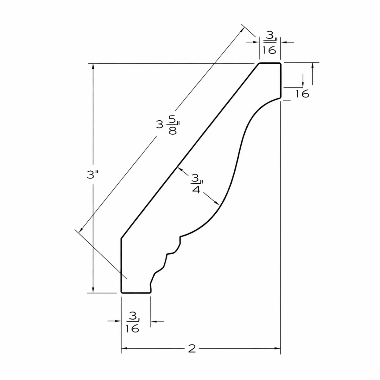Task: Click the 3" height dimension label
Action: (92, 174)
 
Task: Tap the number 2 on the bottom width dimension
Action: (192, 348)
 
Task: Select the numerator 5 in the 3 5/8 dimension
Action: (173, 120)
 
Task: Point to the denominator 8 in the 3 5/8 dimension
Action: (173, 130)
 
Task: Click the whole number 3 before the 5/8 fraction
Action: (159, 125)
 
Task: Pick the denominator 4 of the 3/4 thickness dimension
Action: (196, 190)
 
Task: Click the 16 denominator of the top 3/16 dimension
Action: (269, 50)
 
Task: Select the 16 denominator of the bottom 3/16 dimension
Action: (132, 328)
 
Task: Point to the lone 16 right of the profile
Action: (302, 94)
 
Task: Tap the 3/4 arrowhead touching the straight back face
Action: (180, 170)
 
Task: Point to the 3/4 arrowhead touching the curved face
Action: (216, 203)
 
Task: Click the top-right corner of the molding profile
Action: (280, 63)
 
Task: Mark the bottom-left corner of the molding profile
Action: (122, 293)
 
